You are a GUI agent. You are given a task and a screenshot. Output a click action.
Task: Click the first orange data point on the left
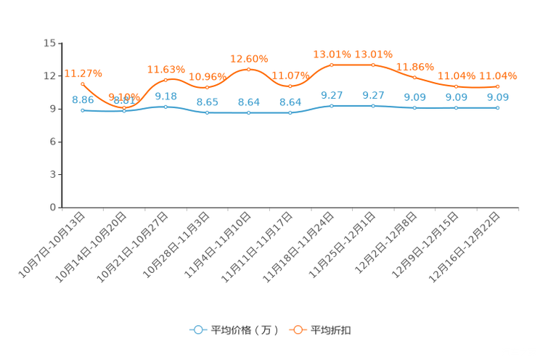(83, 83)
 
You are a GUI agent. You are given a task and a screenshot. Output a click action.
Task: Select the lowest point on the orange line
(124, 107)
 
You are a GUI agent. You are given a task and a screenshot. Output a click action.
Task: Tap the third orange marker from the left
(165, 79)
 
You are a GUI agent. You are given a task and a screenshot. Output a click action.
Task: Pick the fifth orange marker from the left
(249, 69)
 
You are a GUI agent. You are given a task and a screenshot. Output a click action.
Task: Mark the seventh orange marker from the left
(332, 65)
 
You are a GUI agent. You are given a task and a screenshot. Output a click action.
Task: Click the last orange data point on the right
(498, 86)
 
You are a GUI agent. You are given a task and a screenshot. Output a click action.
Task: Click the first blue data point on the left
(83, 110)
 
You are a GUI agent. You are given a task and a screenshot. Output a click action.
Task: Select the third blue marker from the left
(165, 107)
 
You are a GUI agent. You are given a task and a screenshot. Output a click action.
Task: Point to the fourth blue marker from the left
(207, 112)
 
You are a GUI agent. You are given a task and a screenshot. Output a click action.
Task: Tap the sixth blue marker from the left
(290, 112)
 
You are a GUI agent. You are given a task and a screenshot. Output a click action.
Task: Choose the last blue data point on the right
(498, 108)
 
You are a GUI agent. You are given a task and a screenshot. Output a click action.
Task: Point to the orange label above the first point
(83, 73)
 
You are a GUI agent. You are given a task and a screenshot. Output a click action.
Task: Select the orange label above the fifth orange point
(249, 58)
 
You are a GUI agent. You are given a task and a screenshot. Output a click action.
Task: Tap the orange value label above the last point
(498, 75)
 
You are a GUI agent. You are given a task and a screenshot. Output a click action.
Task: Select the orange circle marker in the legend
(298, 329)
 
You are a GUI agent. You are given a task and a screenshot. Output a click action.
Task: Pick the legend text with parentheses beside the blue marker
(244, 330)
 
